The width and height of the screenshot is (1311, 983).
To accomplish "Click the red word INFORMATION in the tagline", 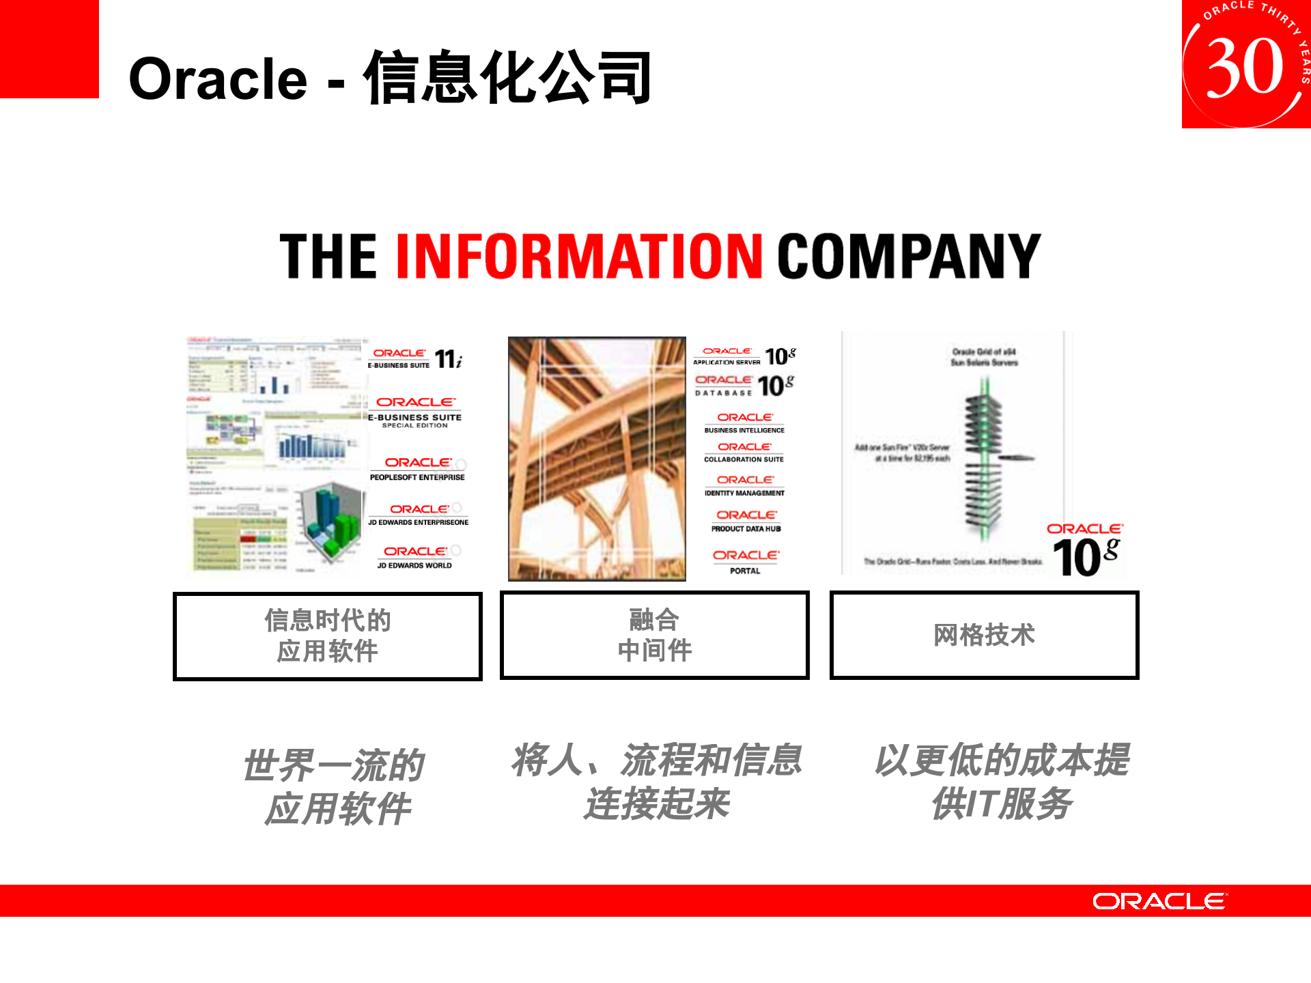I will (578, 256).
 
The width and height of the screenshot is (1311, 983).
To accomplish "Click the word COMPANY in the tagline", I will (909, 256).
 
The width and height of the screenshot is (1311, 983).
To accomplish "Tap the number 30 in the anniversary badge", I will (1245, 67).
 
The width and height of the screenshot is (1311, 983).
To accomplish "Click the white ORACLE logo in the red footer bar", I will (1159, 901).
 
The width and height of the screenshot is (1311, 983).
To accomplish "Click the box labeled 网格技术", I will (984, 635).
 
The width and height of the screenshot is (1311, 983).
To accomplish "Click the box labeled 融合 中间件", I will (654, 635).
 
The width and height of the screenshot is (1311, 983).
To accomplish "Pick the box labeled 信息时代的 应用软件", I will (327, 636).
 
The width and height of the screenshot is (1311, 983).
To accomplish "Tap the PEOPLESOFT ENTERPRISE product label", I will (417, 477).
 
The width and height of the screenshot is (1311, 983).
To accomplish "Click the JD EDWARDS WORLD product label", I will (414, 565).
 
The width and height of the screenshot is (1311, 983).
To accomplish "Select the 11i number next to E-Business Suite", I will (449, 359).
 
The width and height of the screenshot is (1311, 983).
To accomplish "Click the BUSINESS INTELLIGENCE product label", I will (744, 430).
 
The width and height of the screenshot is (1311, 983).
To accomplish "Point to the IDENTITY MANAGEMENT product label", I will (744, 493).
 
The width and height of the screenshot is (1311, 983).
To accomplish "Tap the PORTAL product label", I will (745, 571).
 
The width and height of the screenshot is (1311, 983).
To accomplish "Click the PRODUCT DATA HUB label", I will (746, 528).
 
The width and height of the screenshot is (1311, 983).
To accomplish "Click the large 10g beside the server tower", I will (1085, 556).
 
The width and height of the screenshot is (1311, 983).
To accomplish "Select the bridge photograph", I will (597, 458).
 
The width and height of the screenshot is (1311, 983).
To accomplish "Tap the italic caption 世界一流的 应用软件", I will (335, 786).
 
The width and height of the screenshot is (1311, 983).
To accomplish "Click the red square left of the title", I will (49, 48).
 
